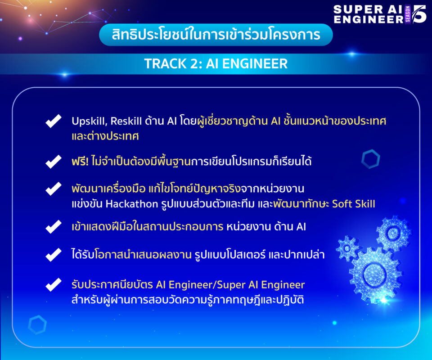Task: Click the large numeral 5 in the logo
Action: pos(419,14)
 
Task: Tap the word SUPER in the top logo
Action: pos(358,9)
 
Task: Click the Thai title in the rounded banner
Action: pos(216,35)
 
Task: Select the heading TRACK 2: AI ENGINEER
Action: pos(216,63)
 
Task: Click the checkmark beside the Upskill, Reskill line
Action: pos(54,121)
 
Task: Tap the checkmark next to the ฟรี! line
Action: pos(54,162)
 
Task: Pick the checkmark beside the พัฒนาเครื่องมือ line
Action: pos(54,189)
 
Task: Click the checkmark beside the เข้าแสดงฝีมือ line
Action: pos(54,227)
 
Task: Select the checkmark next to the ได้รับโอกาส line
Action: pos(54,255)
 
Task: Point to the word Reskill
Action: pos(126,121)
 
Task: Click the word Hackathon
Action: pos(132,204)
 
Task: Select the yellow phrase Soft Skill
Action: pos(354,204)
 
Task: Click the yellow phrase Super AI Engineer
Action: pos(261,285)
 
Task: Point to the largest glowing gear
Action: pos(374,274)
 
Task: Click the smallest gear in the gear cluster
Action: pos(347,248)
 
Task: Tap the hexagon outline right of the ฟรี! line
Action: pos(370,159)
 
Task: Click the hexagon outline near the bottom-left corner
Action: pos(37,325)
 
